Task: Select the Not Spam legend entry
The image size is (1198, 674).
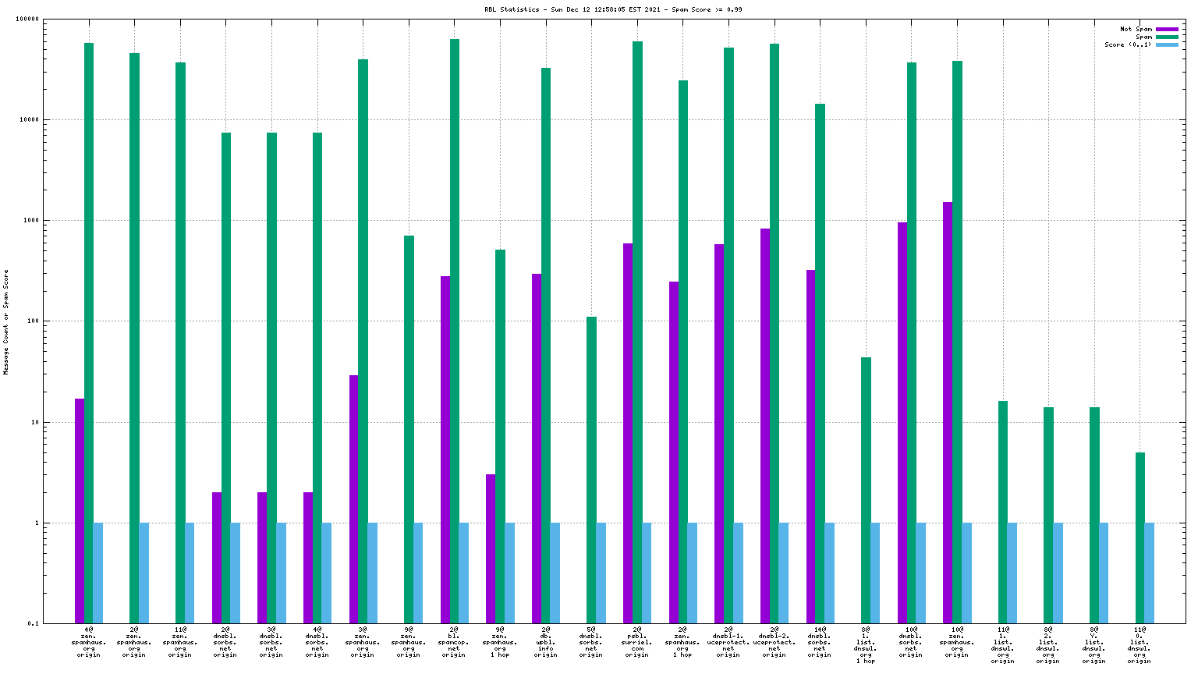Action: [x=1136, y=29]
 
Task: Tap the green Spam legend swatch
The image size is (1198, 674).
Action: [x=1166, y=37]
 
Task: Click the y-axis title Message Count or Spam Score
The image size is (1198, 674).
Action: [x=6, y=322]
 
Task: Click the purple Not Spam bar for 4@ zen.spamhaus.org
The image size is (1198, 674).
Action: [x=80, y=511]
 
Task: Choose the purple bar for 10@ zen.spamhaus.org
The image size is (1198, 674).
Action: [x=948, y=413]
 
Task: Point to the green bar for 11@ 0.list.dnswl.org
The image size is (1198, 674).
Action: [x=1140, y=537]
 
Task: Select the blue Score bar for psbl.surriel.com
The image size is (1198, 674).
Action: [x=647, y=573]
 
